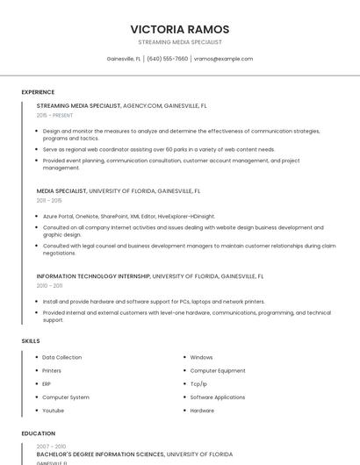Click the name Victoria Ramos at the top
[180, 29]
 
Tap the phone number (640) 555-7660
[167, 59]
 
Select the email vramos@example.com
[223, 59]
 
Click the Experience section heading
[38, 92]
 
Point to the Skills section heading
[31, 340]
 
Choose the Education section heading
[39, 433]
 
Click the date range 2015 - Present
[55, 115]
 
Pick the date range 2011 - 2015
[49, 200]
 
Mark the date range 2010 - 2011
[49, 285]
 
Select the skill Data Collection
[62, 357]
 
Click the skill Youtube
[54, 411]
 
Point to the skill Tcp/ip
[199, 384]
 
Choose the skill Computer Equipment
[218, 370]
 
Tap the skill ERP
[47, 384]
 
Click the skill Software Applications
[218, 397]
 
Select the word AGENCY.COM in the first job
[143, 105]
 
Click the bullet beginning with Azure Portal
[128, 216]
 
